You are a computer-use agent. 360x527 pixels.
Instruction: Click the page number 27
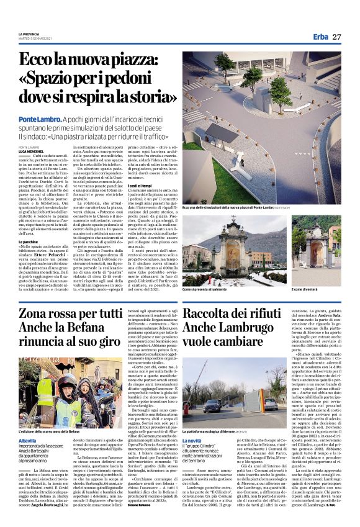(x=336, y=37)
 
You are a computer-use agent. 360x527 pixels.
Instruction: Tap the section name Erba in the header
(x=320, y=37)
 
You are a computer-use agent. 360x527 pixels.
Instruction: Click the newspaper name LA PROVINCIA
(x=29, y=34)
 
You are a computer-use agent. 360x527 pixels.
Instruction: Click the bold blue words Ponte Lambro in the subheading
(x=38, y=118)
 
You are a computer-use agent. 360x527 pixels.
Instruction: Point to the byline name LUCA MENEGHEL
(x=32, y=151)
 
